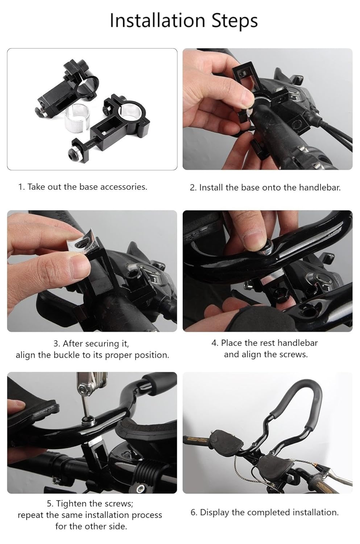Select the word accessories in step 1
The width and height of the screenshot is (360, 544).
point(123,187)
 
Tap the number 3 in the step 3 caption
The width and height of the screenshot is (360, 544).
point(56,343)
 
